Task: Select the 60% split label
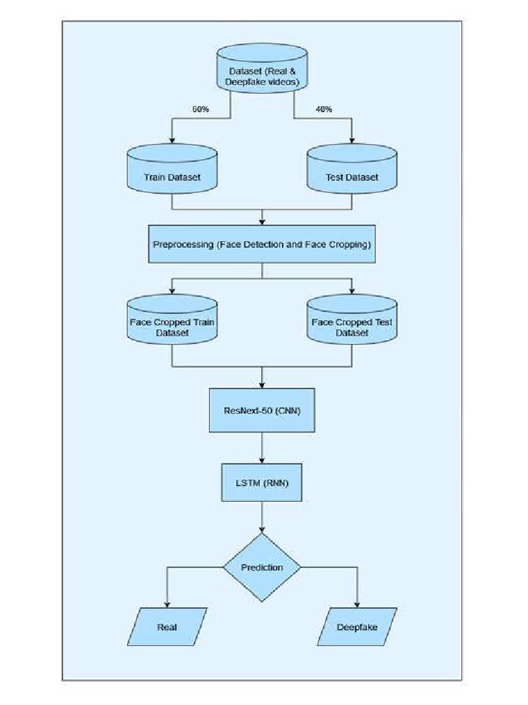tap(201, 109)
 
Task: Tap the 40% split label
tap(323, 109)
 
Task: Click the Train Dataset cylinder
tap(172, 172)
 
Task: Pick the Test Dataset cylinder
tap(352, 172)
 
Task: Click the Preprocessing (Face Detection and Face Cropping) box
tap(262, 244)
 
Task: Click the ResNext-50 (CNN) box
tap(262, 410)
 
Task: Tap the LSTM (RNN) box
tap(262, 483)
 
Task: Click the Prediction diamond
tap(262, 567)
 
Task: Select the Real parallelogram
tap(167, 627)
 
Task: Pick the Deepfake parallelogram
tap(357, 627)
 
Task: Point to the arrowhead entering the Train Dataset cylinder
tap(172, 140)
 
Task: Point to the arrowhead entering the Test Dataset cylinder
tap(352, 140)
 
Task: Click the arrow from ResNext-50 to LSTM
tap(262, 448)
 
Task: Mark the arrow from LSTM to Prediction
tap(262, 516)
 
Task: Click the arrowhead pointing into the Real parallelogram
tap(167, 603)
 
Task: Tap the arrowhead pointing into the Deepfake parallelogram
tap(357, 603)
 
